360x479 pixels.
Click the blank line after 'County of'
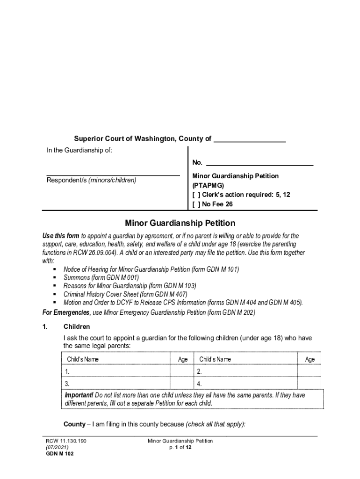(249, 140)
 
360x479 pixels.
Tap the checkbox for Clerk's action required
(197, 195)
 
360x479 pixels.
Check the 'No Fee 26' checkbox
(197, 204)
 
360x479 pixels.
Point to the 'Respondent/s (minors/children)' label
(91, 180)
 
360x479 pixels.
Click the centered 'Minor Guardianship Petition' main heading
(180, 223)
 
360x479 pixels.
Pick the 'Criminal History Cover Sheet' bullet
(125, 294)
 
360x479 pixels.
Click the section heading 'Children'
(77, 327)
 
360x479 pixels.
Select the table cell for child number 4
(246, 384)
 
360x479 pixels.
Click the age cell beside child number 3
(183, 384)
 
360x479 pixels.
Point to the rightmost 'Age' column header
(310, 359)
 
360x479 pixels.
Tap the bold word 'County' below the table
(74, 424)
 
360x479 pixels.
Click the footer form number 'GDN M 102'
(59, 454)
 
